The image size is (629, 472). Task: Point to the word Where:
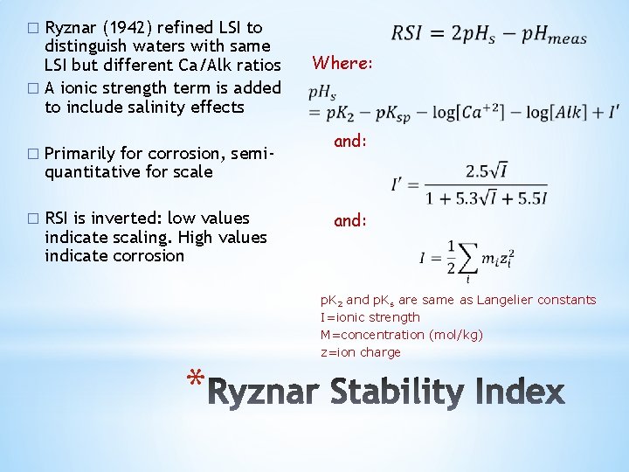pos(342,63)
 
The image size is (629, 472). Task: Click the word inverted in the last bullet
pos(125,218)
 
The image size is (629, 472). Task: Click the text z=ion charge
pos(360,352)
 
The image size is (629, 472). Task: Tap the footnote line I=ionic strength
pos(370,317)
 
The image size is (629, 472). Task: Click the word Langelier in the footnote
pos(506,300)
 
